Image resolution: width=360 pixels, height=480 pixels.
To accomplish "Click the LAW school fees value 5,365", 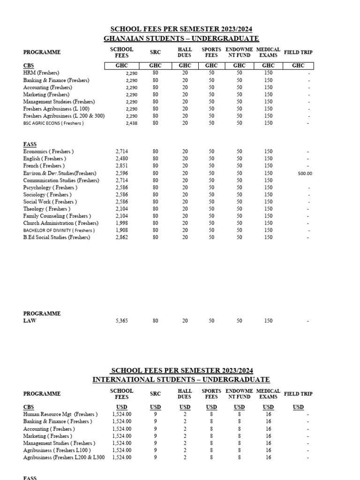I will coord(121,321).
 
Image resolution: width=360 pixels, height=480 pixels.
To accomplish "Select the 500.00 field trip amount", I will coord(305,173).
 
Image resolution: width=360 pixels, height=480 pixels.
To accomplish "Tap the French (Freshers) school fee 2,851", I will coord(121,166).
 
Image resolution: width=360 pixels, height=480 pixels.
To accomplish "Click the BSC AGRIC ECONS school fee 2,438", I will coord(131,123).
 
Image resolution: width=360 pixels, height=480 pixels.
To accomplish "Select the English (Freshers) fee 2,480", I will coord(121,159).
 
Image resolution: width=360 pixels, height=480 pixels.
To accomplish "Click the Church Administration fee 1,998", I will coord(121,223).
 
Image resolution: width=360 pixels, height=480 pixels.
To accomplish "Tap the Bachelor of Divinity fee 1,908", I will coord(121,231).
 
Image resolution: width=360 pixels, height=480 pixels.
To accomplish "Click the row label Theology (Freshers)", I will coord(47,209).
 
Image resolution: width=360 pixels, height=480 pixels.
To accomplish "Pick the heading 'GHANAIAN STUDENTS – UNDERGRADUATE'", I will coord(181,38).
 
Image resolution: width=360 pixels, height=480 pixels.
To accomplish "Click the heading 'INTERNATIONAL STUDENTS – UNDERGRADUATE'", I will coord(181,379).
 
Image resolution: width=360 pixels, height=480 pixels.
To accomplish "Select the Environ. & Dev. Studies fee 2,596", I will coord(121,173).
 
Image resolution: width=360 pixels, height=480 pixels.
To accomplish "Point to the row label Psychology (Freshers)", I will coord(50,187).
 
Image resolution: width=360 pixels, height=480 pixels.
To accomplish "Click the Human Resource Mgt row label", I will coord(60,414).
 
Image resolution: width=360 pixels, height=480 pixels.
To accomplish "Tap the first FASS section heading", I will coord(30,144).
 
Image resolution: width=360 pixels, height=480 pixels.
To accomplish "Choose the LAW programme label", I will coord(30,321).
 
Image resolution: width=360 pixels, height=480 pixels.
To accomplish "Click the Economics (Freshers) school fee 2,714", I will coord(121,152).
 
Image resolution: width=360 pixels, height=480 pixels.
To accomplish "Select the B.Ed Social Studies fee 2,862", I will coord(121,238).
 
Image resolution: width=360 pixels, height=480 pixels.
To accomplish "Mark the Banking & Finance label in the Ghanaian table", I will coord(56,80).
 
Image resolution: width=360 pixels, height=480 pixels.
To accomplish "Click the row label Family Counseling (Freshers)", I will coord(57,216).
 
